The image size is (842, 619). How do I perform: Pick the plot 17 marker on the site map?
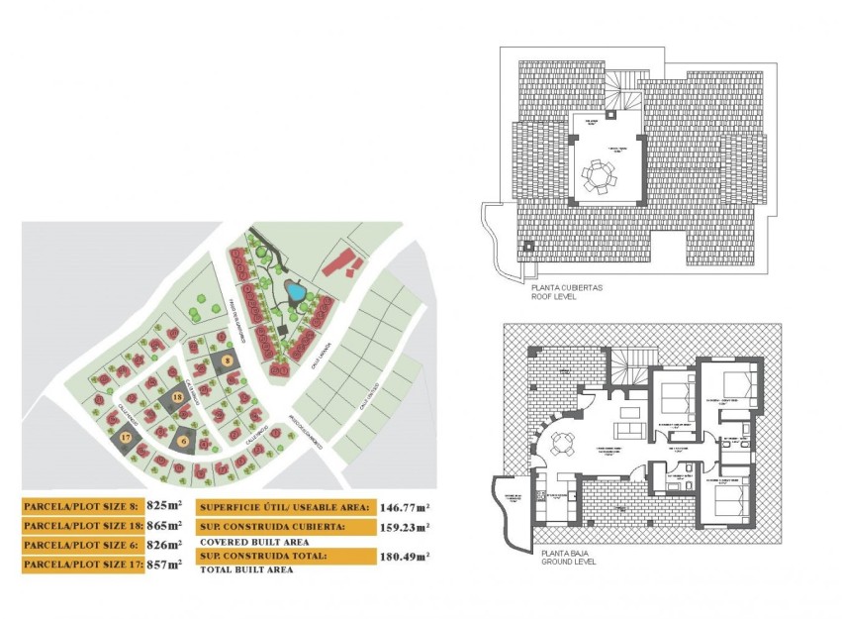(126, 437)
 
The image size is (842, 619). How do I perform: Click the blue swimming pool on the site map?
(295, 291)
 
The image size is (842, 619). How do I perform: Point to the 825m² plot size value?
(163, 506)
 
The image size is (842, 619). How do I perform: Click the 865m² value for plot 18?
(164, 526)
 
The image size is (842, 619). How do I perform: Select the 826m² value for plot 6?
(163, 545)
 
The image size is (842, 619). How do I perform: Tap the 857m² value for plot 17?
(164, 565)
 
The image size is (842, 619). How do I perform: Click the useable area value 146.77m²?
(403, 506)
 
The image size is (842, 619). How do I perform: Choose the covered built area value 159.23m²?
(403, 527)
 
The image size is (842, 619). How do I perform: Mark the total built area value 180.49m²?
(403, 557)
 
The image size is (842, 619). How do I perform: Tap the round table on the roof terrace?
(598, 176)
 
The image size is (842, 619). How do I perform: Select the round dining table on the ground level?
(562, 444)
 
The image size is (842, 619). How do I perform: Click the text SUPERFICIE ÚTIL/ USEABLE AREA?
(284, 507)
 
